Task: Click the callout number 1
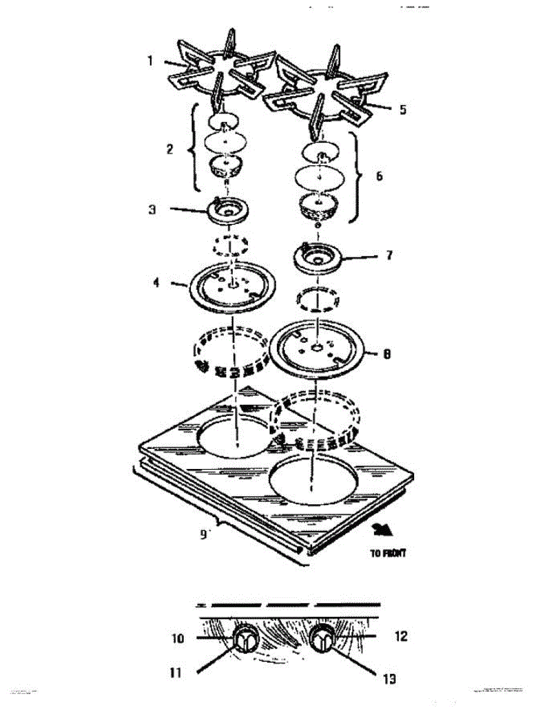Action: pos(150,61)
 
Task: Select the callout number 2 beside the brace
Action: pos(170,149)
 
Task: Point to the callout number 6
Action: pos(379,176)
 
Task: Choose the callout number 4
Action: pos(156,283)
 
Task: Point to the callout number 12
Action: pos(401,637)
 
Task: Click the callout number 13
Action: pos(389,679)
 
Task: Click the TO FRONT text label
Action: pos(388,553)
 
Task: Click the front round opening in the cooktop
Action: pos(315,481)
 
